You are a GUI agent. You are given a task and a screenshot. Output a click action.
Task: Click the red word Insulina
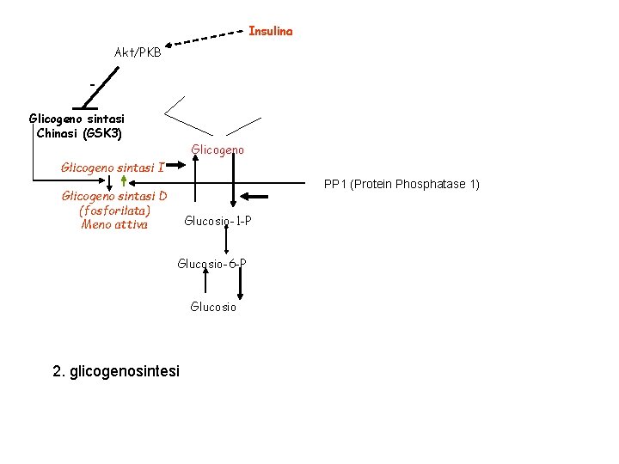pos(271,31)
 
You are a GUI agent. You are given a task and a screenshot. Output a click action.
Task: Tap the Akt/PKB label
pos(138,52)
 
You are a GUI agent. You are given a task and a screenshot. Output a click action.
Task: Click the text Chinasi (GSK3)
pos(79,133)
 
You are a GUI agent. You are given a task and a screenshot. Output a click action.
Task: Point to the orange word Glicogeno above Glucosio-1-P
pos(218,150)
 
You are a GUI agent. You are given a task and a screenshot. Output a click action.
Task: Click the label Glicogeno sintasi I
pos(113,167)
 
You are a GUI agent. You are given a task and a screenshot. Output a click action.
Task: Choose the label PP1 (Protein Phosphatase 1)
pos(401,184)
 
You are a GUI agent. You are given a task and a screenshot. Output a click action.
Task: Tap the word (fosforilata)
pos(114,210)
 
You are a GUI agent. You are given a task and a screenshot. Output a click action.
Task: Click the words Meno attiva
pos(114,224)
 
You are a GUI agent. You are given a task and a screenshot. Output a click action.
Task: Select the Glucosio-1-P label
pos(218,221)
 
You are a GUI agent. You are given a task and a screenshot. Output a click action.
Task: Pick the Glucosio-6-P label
pos(212,263)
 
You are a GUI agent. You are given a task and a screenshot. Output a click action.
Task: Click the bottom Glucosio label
pos(213,307)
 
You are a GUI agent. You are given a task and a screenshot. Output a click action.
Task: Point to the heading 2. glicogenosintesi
pos(116,371)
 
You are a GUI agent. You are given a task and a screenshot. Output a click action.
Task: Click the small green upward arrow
pos(125,180)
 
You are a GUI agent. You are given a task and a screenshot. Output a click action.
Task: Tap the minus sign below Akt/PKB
pos(92,84)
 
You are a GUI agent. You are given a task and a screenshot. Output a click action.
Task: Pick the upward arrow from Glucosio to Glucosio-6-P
pos(206,284)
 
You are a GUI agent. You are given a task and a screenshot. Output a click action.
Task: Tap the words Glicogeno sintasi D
pos(114,196)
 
